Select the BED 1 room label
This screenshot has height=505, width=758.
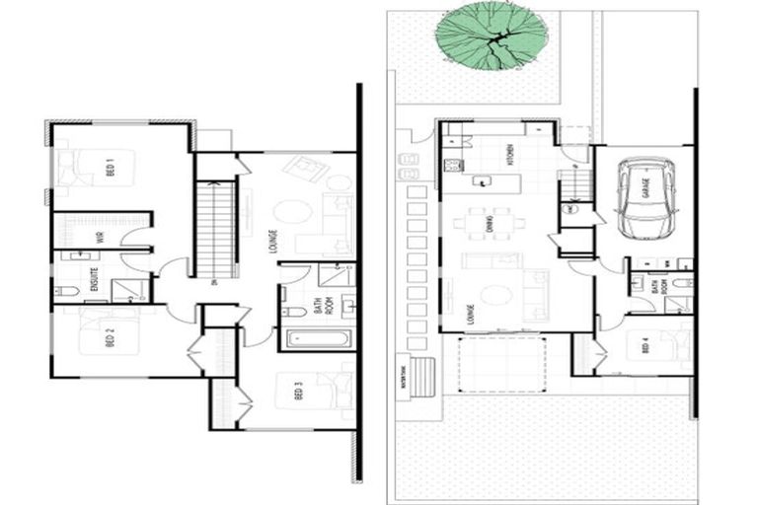(112, 170)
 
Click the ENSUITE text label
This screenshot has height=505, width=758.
(95, 280)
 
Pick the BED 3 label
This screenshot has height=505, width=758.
(298, 392)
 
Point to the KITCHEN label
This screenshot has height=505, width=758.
(510, 156)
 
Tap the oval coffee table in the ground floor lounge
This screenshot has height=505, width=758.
(493, 294)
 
